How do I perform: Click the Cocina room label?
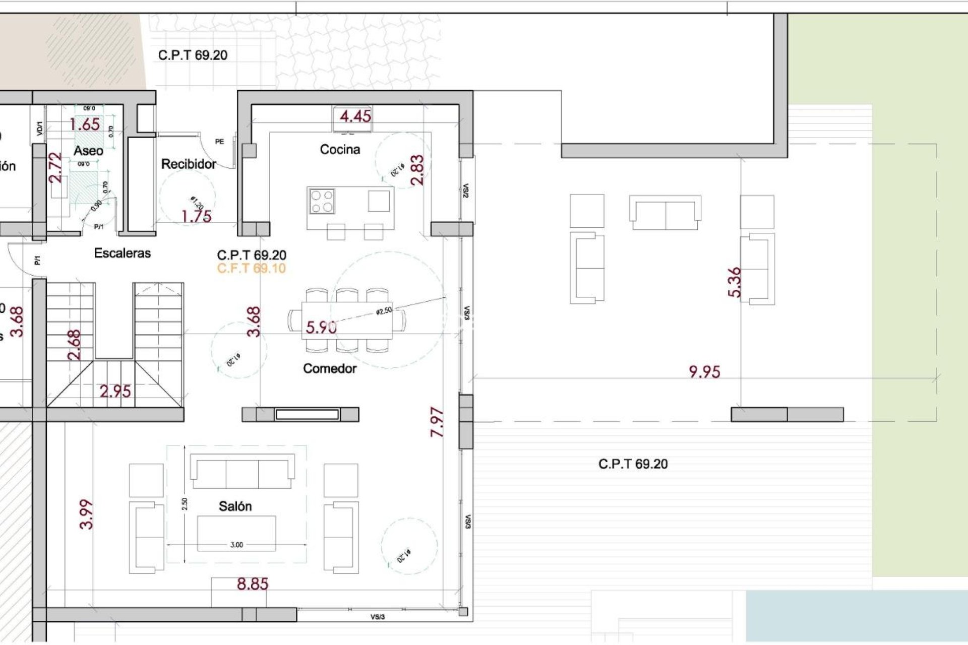pyautogui.click(x=340, y=149)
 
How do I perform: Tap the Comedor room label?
pyautogui.click(x=330, y=368)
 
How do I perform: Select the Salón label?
pyautogui.click(x=235, y=506)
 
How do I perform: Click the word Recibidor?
pyautogui.click(x=189, y=164)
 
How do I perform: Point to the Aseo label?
pyautogui.click(x=88, y=150)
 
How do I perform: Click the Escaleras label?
pyautogui.click(x=122, y=253)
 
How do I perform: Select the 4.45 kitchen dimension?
pyautogui.click(x=355, y=116)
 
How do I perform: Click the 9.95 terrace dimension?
pyautogui.click(x=704, y=372)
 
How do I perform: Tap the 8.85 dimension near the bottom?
pyautogui.click(x=253, y=584)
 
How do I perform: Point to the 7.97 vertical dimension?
pyautogui.click(x=437, y=422)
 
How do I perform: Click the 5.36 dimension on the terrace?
pyautogui.click(x=735, y=282)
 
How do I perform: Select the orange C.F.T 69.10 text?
pyautogui.click(x=251, y=268)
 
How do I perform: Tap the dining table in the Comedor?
pyautogui.click(x=347, y=321)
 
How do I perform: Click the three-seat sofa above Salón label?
pyautogui.click(x=242, y=471)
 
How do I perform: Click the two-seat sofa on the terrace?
pyautogui.click(x=665, y=213)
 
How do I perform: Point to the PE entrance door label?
pyautogui.click(x=219, y=142)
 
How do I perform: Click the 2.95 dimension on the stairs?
pyautogui.click(x=115, y=391)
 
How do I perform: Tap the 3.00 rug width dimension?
pyautogui.click(x=236, y=545)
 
